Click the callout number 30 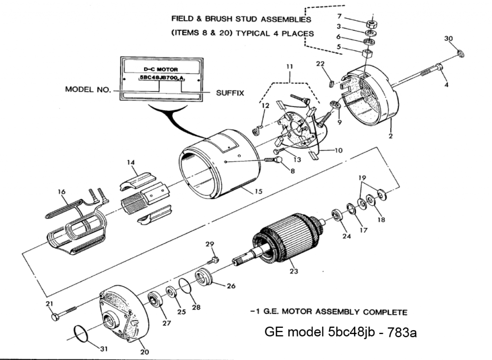448,38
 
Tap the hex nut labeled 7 371,24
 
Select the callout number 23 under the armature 294,271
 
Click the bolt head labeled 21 55,317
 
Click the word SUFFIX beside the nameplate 230,93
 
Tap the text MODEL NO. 88,89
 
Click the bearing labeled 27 156,300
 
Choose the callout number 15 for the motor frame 258,191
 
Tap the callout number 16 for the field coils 61,192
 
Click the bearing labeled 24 337,215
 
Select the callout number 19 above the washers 362,178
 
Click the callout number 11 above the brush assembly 290,66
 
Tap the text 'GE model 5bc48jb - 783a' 341,332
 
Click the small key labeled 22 330,83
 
